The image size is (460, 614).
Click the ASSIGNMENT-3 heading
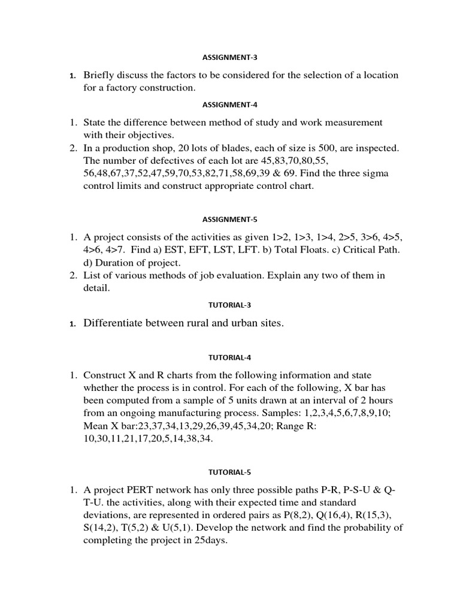pyautogui.click(x=230, y=58)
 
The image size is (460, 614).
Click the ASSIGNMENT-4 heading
pyautogui.click(x=230, y=104)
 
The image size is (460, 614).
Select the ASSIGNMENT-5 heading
pyautogui.click(x=230, y=219)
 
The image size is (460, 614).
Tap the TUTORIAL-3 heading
pyautogui.click(x=230, y=304)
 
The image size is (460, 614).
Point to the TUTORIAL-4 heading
pyautogui.click(x=230, y=357)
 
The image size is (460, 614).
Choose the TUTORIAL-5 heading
pyautogui.click(x=230, y=472)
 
